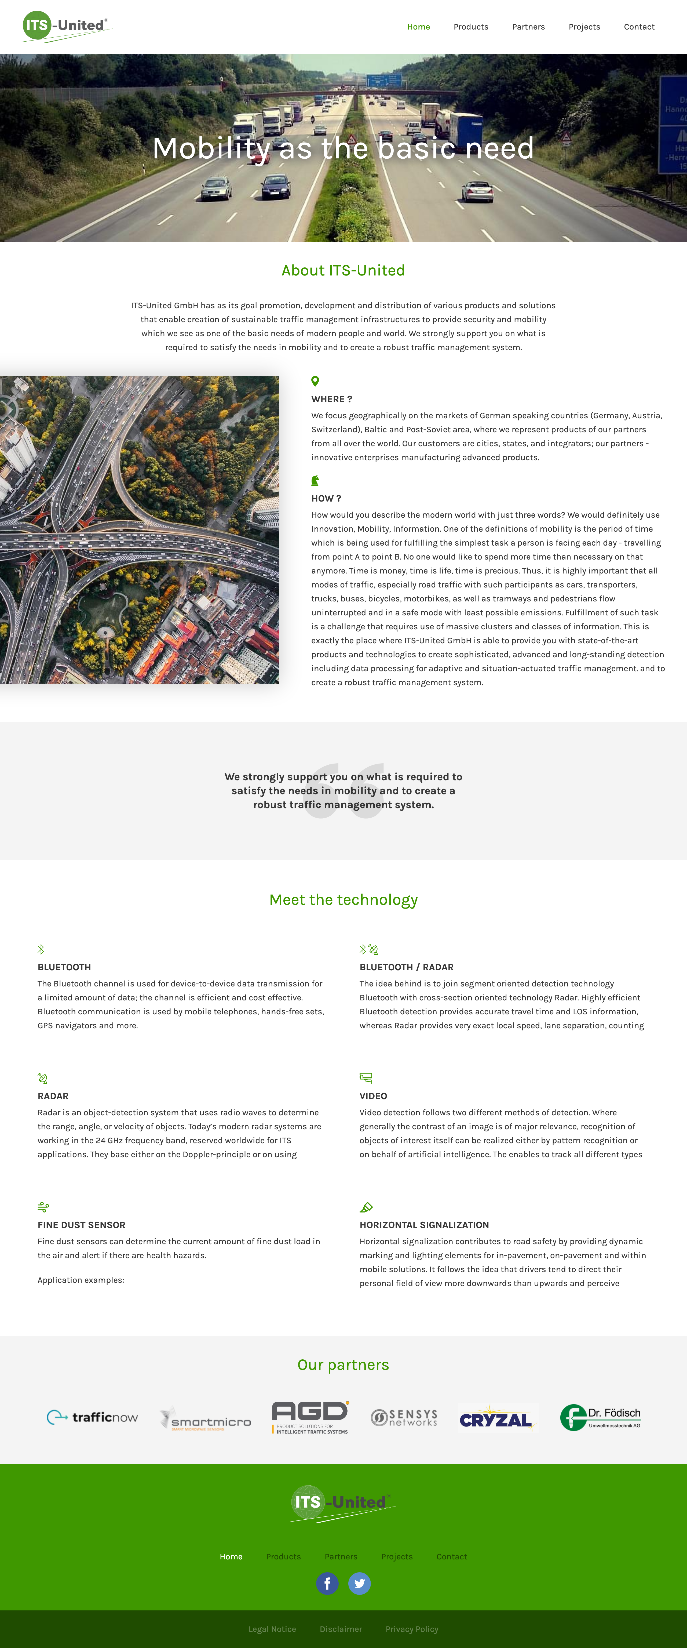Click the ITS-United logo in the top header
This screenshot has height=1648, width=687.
(x=66, y=26)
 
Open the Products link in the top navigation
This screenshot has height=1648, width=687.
(x=471, y=27)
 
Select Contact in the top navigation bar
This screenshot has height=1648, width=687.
(x=639, y=27)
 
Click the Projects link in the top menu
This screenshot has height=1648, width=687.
(x=584, y=27)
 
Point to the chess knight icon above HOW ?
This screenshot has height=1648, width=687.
(x=315, y=480)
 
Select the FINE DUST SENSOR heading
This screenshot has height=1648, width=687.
(x=81, y=1225)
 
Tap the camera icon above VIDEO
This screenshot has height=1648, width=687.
(x=366, y=1078)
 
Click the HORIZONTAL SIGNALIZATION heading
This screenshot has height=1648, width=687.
(x=424, y=1225)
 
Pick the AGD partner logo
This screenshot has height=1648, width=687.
(x=310, y=1417)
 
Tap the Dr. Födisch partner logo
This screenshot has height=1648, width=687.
(x=600, y=1417)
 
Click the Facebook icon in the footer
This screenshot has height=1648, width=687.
(x=327, y=1583)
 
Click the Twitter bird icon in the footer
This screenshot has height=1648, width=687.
(x=360, y=1583)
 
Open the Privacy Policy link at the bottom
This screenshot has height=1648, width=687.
(x=412, y=1629)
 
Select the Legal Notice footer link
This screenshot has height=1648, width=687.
(x=272, y=1629)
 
